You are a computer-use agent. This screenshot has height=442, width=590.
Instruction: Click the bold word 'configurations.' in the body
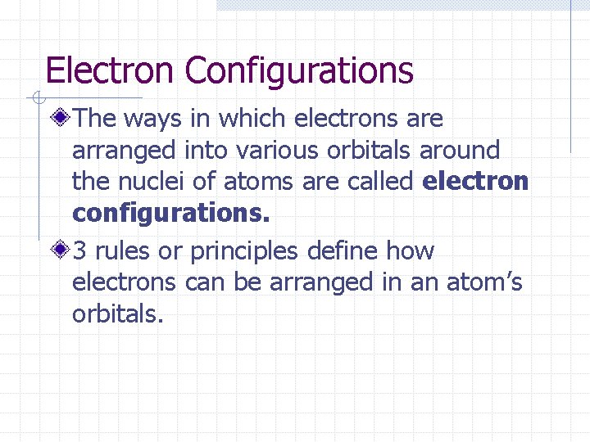pyautogui.click(x=170, y=214)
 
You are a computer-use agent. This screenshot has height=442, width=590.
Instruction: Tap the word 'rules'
pyautogui.click(x=121, y=251)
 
